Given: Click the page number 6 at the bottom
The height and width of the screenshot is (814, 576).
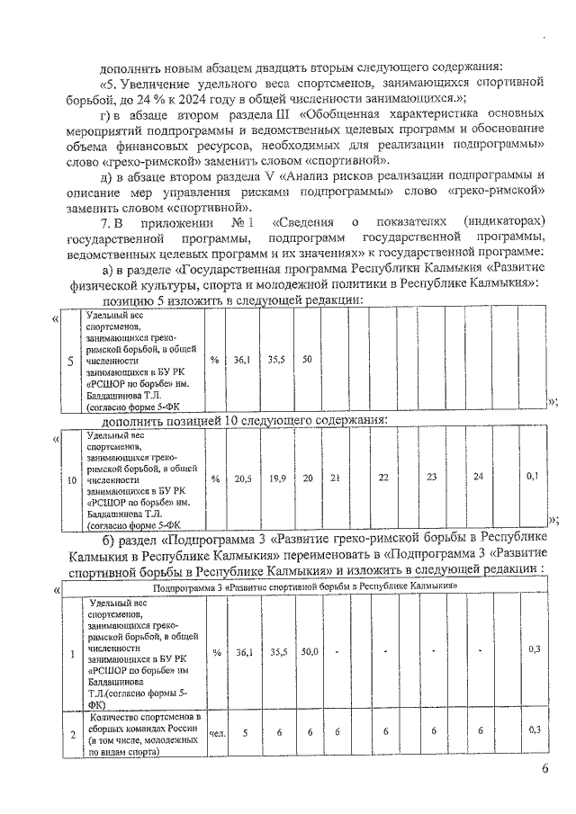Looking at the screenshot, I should [x=544, y=767].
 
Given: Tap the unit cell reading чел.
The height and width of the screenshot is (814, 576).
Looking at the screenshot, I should [x=216, y=733].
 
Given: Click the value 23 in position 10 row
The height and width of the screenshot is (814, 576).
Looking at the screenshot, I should [x=431, y=477].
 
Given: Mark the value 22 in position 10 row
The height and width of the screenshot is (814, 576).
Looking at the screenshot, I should [x=382, y=477].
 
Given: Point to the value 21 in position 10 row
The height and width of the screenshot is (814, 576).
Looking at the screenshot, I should [x=335, y=477].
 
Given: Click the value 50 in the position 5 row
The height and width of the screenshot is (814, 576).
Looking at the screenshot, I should [x=307, y=359].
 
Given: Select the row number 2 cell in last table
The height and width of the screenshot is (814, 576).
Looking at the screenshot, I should [x=73, y=733].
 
